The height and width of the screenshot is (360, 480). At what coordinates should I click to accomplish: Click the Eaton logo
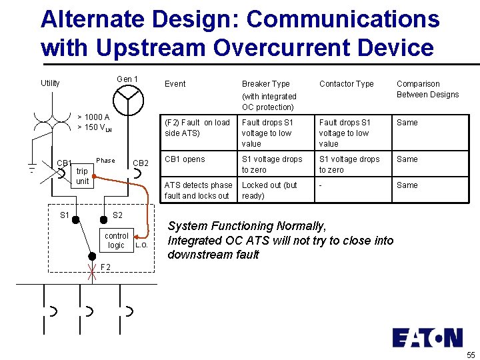coord(427,337)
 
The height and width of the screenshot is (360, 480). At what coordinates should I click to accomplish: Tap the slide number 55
coord(471,355)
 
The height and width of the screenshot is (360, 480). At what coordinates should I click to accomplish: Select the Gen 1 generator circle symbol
coord(127,101)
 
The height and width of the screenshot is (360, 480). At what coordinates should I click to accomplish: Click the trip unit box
coord(82,176)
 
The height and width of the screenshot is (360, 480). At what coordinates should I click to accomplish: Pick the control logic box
coord(117,240)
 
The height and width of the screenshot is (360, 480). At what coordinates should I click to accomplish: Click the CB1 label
coord(64,163)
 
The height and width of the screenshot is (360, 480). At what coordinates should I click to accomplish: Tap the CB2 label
coord(141,163)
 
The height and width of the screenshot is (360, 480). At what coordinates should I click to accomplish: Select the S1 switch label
coord(65,215)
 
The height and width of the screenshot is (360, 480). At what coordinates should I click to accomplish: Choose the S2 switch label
coord(117,215)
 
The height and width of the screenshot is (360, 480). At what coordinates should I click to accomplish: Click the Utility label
coord(50,83)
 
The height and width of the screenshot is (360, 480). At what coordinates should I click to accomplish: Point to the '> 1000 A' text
coord(93,117)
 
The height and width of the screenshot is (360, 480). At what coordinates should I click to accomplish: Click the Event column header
coord(175,84)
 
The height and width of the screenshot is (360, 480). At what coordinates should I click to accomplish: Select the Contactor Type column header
coord(346,84)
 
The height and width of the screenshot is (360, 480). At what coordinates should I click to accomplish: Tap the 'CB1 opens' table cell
coord(185,159)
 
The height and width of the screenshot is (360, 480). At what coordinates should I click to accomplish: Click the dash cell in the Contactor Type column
coord(321,185)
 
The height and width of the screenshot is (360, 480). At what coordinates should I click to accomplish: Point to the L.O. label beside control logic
coord(141,245)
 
